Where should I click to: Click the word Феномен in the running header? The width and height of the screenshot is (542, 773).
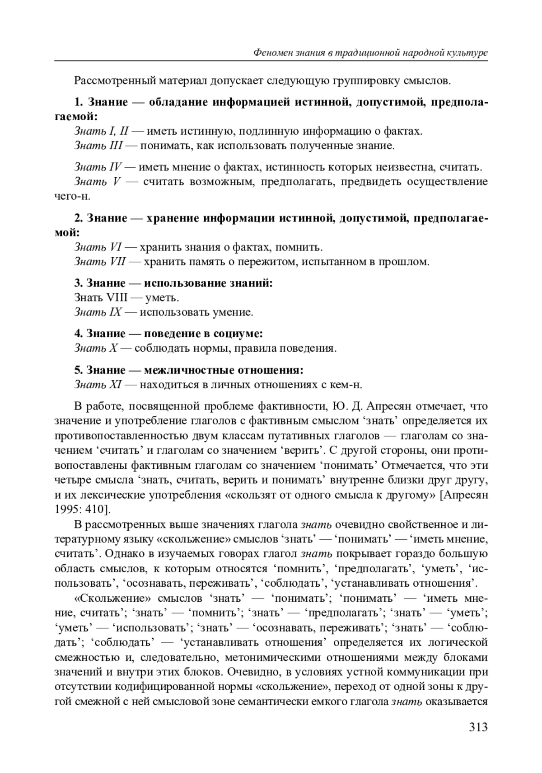[271, 53]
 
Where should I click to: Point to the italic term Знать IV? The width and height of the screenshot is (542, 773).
[98, 167]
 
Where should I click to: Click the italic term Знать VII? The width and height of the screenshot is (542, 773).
[100, 262]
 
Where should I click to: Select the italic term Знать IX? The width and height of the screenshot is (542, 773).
[98, 312]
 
